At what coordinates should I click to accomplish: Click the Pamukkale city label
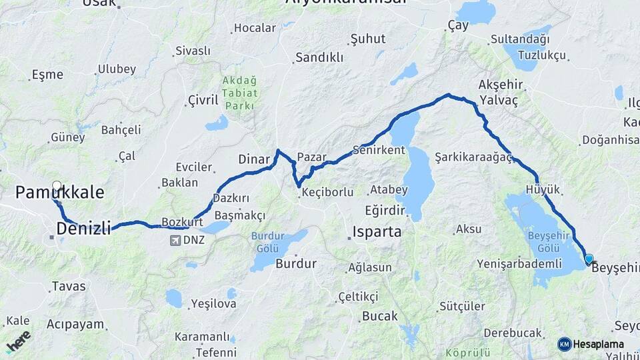click(60, 193)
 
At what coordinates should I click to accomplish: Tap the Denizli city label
click(83, 229)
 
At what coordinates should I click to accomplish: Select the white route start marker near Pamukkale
click(56, 187)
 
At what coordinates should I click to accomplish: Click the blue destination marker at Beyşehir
click(589, 259)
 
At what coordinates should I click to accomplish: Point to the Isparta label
click(377, 232)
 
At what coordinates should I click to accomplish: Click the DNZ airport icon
click(175, 240)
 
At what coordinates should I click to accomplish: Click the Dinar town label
click(254, 159)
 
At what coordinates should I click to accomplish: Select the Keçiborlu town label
click(327, 192)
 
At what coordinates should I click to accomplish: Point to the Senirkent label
click(379, 150)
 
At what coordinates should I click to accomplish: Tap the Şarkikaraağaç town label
click(473, 157)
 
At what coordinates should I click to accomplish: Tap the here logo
click(19, 341)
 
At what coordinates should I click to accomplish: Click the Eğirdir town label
click(385, 210)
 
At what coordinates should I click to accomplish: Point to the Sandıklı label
click(319, 57)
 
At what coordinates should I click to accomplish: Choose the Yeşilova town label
click(213, 304)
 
